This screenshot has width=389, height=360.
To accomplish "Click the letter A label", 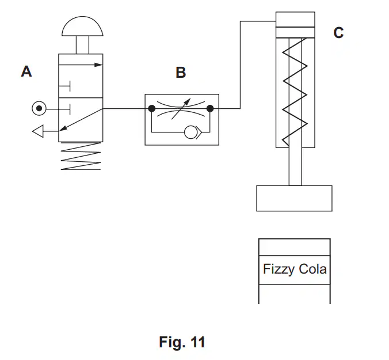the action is click(26, 71).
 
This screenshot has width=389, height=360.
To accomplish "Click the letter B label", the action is click(181, 73).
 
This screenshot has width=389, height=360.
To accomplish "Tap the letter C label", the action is click(338, 32).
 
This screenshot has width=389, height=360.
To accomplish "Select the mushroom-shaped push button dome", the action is click(82, 26).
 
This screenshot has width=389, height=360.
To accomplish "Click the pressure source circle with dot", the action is click(39, 108).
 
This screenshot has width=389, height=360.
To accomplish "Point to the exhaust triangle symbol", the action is click(38, 131).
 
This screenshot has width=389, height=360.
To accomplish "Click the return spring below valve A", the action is click(81, 156).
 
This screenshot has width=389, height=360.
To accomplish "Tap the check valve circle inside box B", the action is click(190, 132).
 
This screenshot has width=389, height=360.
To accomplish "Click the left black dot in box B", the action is click(151, 108).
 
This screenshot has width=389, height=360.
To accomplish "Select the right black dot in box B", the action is click(210, 108).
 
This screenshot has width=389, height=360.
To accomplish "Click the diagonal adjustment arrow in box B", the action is click(181, 109).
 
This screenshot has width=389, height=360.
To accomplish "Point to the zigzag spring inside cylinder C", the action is click(295, 92).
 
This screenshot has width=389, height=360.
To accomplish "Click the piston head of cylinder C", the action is click(295, 32).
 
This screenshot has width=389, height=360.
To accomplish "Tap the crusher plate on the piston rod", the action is click(294, 198).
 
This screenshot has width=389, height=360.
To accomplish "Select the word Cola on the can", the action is click(312, 269).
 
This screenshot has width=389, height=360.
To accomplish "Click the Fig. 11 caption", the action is click(182, 342).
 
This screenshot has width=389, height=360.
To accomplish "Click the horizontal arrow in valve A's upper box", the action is click(81, 65).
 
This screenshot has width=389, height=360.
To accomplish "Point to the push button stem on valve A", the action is click(82, 45).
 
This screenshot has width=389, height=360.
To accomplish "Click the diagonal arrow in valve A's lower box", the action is click(81, 120).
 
